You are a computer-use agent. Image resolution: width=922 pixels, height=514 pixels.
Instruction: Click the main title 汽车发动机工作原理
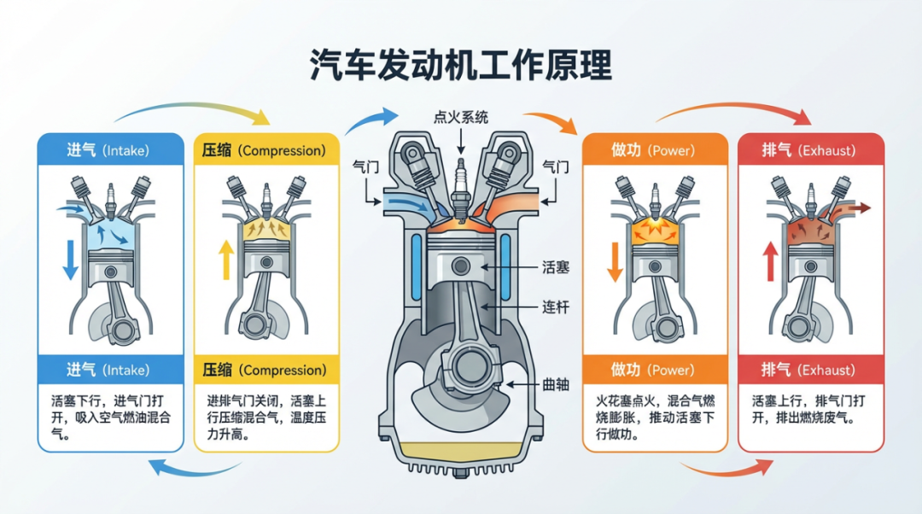(461, 65)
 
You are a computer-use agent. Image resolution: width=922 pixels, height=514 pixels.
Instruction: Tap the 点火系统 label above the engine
(461, 118)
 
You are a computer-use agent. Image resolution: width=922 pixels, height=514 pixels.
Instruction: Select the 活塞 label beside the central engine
(556, 267)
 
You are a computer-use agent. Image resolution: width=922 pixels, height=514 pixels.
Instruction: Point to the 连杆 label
(556, 306)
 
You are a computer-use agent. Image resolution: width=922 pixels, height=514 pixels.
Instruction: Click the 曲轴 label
(556, 383)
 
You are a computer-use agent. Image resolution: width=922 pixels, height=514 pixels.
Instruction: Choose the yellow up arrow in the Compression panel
(225, 259)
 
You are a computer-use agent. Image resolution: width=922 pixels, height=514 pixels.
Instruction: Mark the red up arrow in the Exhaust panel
(769, 260)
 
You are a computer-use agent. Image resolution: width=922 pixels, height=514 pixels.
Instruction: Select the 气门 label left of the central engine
(366, 168)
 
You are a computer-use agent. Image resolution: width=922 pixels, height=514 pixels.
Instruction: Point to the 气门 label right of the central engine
(556, 168)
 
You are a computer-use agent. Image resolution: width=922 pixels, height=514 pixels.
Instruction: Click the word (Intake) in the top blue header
(125, 150)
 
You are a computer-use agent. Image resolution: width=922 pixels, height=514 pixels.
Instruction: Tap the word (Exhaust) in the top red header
(826, 150)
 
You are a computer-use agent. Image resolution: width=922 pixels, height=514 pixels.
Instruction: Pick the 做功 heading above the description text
(626, 371)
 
